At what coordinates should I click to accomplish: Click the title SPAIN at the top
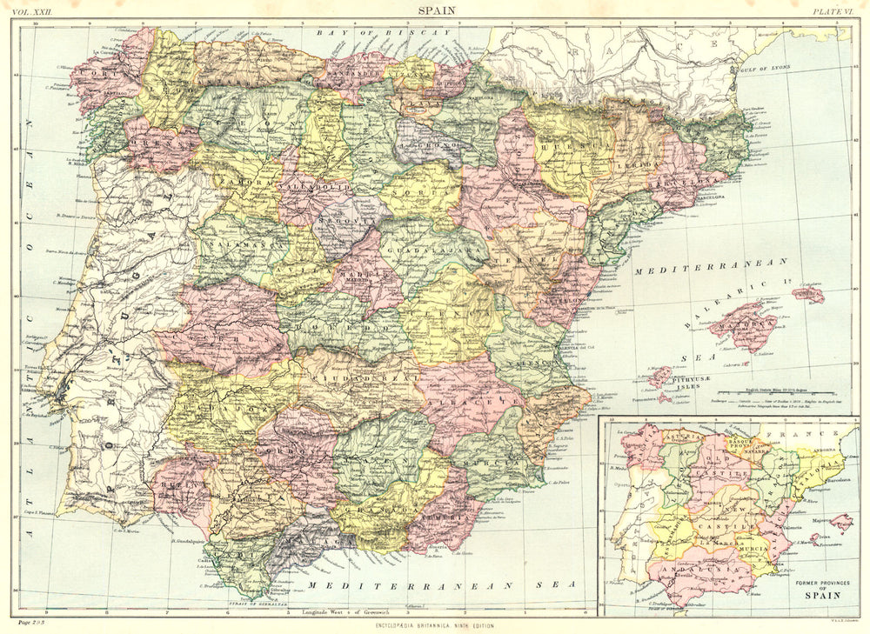click(435, 10)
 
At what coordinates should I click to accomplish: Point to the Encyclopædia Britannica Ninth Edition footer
click(435, 626)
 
